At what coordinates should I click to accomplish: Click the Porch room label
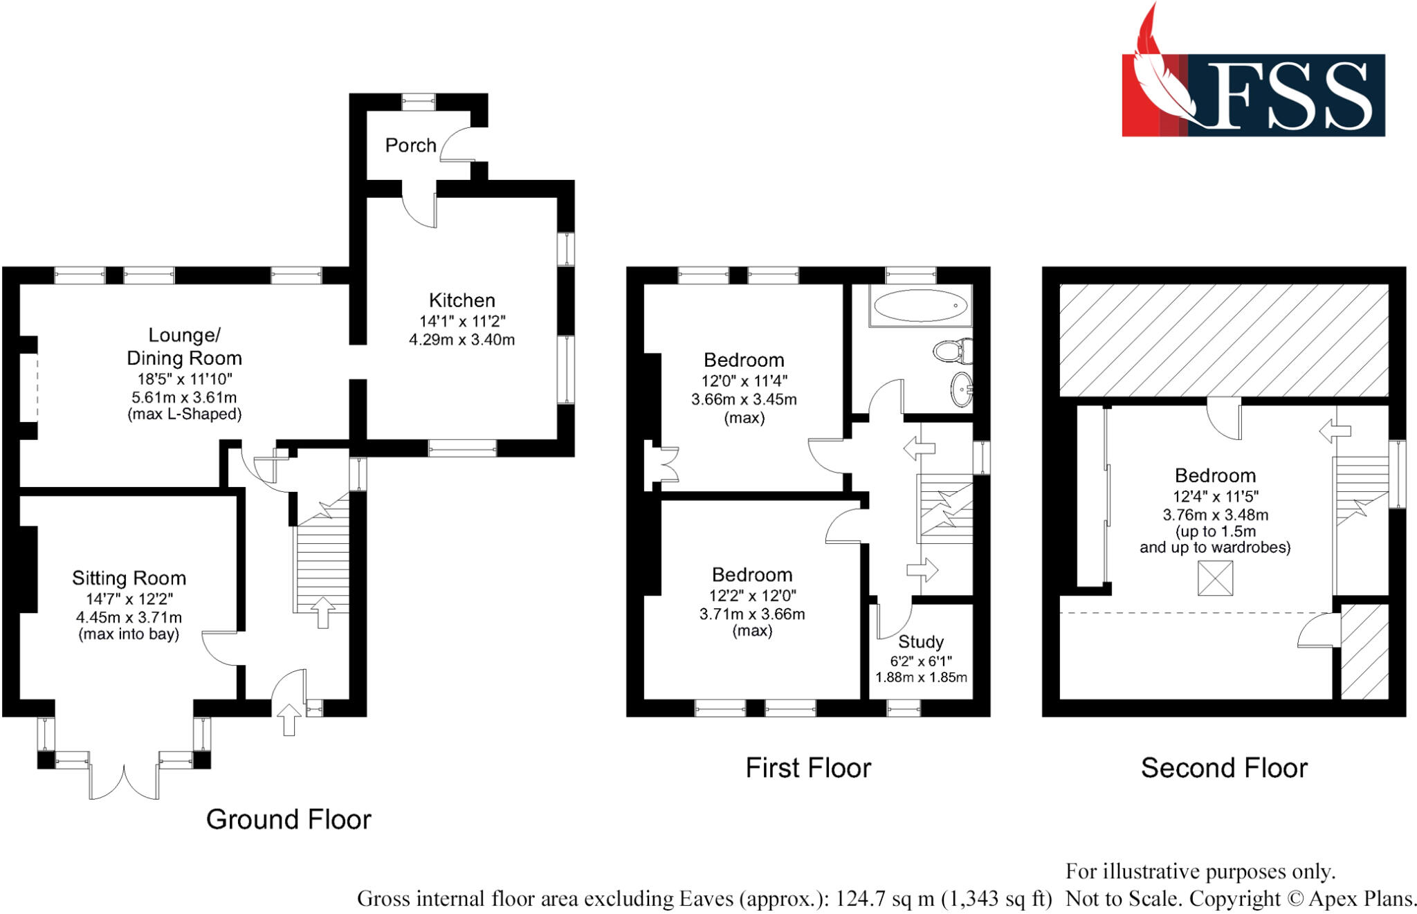[410, 145]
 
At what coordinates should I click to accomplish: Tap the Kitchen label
[461, 300]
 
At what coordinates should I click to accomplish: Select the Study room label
[920, 642]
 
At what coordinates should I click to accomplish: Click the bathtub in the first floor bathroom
[920, 305]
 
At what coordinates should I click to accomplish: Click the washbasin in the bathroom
[962, 390]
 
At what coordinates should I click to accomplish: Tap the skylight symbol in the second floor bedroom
[1215, 578]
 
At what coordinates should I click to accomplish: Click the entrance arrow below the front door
[289, 719]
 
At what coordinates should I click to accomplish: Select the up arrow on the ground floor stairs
[322, 611]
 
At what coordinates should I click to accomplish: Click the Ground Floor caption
[289, 819]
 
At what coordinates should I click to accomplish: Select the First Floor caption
[807, 768]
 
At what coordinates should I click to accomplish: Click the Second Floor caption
[1223, 768]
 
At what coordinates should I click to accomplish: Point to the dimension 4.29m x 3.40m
[461, 340]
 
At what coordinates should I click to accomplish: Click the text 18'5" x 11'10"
[184, 379]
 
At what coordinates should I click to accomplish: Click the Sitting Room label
[129, 578]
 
